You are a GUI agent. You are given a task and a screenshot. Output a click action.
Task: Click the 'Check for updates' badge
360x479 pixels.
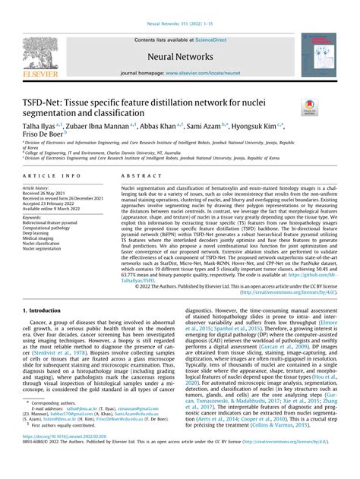(x=311, y=108)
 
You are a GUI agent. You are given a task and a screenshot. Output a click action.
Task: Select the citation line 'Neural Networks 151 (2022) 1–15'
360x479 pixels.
(x=180, y=6)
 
